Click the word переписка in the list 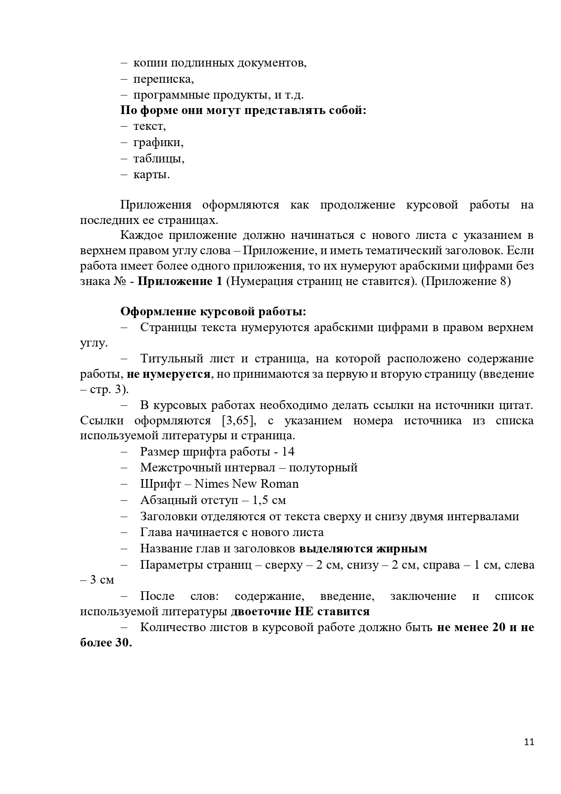163,79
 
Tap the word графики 158,143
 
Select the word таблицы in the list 158,159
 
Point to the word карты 151,175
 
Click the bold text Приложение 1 180,281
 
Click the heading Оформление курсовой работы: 213,312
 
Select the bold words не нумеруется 168,374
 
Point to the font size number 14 288,452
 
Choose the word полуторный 323,467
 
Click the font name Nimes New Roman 247,484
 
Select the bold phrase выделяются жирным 363,549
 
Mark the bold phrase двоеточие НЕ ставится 300,612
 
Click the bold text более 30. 106,643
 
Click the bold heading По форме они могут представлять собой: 243,110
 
